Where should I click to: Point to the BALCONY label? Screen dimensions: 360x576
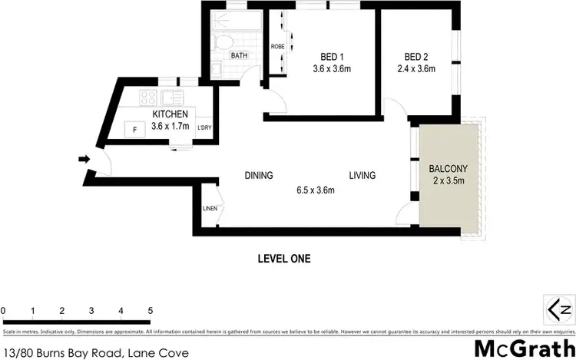point(449,168)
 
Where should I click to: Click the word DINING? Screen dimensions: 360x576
point(259,175)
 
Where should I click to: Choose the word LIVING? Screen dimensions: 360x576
point(362,175)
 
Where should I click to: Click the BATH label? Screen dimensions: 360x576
point(240,56)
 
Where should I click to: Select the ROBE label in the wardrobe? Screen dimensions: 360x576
point(277,47)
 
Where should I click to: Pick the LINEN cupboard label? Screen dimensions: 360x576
point(210,208)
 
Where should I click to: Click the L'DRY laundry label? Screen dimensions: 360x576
point(204,127)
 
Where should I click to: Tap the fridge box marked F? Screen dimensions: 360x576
point(134,130)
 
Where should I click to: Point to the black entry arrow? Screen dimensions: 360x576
point(83,160)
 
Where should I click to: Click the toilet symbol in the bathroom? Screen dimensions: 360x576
point(225,42)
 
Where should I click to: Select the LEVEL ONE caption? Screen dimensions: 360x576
point(283,259)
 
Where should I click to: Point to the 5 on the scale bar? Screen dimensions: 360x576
point(151,310)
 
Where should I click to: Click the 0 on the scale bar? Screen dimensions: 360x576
point(4,310)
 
